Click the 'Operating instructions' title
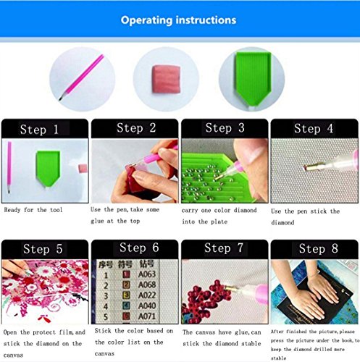178,20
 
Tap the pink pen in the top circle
81,77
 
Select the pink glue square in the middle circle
166,79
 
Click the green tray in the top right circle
253,79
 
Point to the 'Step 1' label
39,130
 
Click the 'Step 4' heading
314,129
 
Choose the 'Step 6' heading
139,248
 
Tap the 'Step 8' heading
318,248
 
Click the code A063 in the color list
147,274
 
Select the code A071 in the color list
147,316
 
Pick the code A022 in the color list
147,295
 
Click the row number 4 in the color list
106,306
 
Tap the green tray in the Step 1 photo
48,169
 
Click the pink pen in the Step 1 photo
9,167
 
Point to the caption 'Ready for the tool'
33,210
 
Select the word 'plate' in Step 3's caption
219,222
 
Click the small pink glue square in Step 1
83,168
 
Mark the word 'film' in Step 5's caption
66,332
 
